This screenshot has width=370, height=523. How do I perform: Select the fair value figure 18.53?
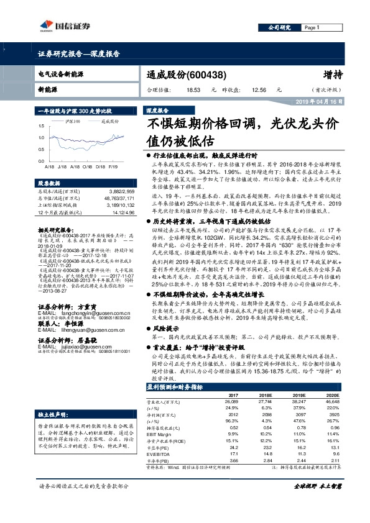coord(192,90)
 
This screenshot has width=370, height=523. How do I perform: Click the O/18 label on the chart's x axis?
coord(92,166)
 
